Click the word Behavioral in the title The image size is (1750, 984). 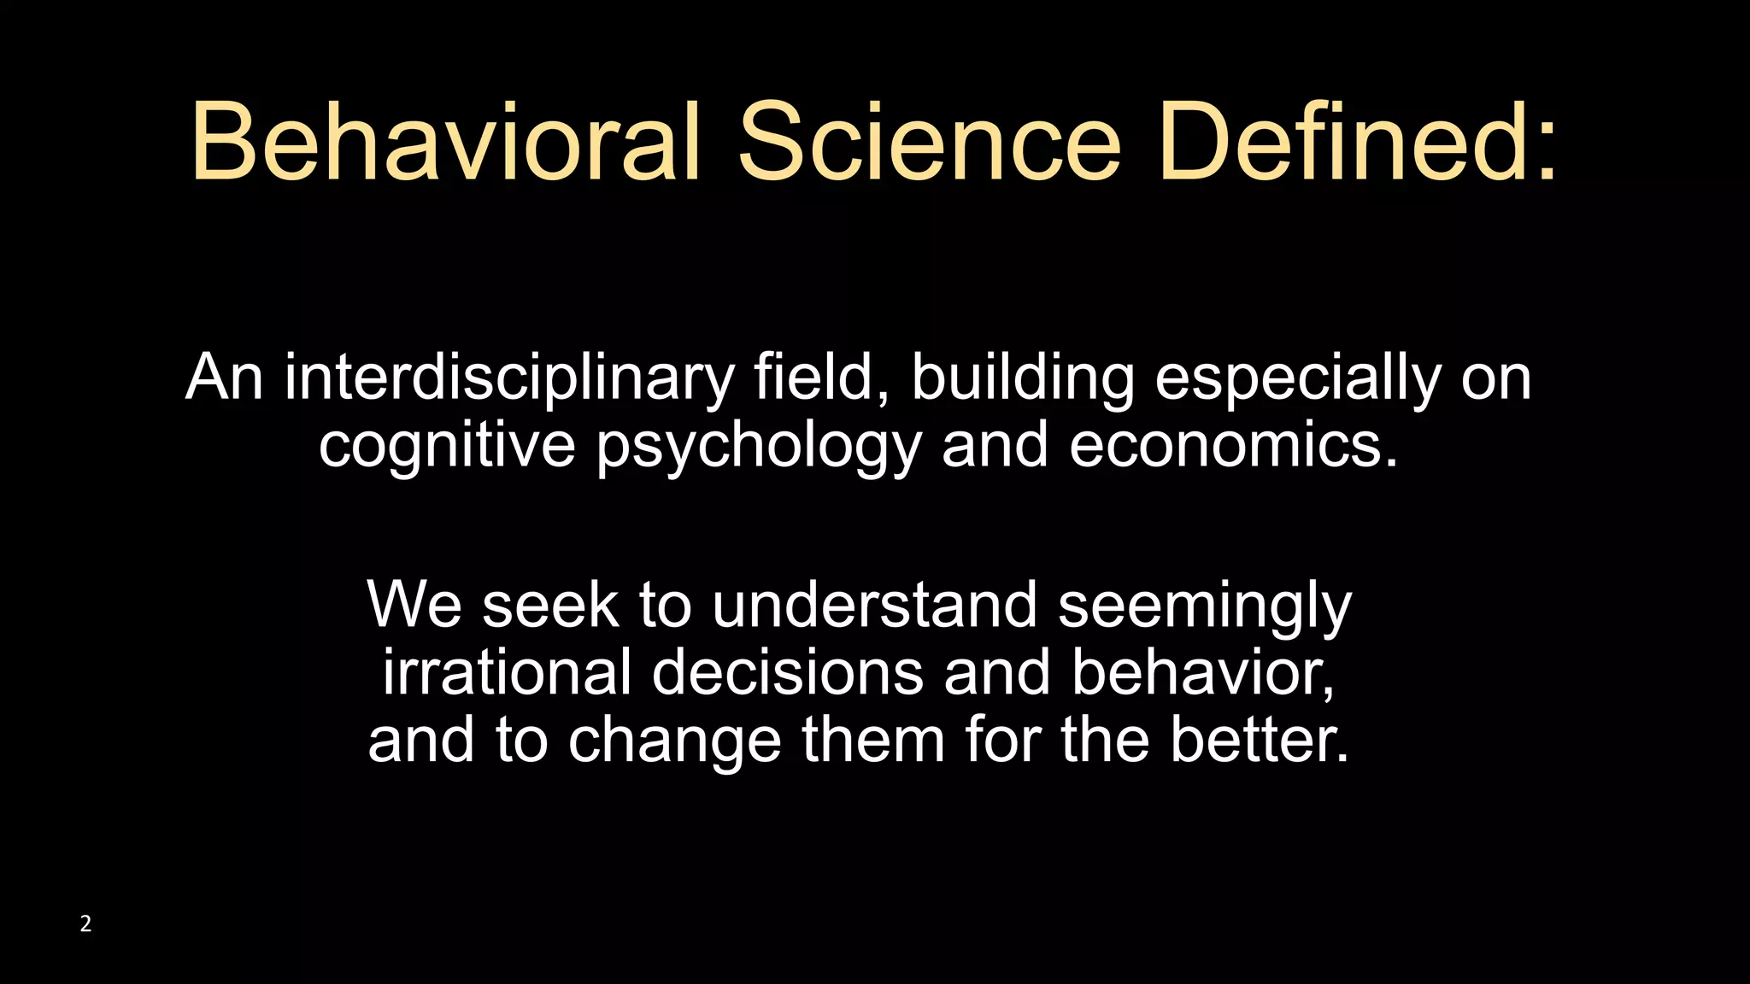(x=444, y=141)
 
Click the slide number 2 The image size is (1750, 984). (x=85, y=923)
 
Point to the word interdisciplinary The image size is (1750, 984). (x=509, y=378)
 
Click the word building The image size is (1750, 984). (x=1023, y=378)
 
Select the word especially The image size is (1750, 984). (x=1298, y=378)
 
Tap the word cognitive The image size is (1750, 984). (x=447, y=446)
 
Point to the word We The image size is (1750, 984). (x=414, y=605)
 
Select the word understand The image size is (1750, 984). (x=874, y=605)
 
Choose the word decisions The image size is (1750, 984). (x=788, y=672)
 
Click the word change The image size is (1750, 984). (x=675, y=741)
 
